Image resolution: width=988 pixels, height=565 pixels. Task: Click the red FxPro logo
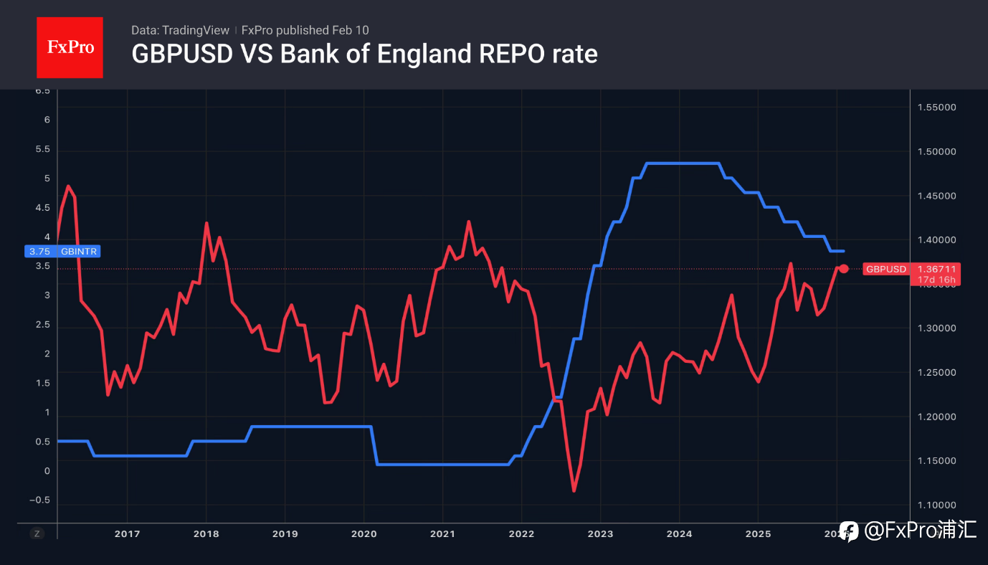[70, 47]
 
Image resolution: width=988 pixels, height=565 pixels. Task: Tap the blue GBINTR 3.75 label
[63, 252]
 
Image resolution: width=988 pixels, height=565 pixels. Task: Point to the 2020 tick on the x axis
[364, 533]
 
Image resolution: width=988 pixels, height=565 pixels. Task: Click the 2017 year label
[127, 533]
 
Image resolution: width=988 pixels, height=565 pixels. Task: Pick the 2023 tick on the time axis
[600, 533]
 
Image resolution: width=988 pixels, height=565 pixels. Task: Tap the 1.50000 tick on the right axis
[936, 151]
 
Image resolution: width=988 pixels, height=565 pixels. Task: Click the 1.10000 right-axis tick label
[936, 505]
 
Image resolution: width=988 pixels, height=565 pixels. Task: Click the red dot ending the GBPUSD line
[844, 269]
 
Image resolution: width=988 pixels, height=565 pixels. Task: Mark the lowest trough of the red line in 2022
[574, 491]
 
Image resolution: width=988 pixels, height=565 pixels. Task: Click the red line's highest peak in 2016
[68, 186]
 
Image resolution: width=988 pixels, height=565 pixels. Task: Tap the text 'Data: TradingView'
[180, 30]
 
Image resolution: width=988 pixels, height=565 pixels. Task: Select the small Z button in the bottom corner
[37, 533]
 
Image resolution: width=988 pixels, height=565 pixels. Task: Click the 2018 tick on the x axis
[206, 533]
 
